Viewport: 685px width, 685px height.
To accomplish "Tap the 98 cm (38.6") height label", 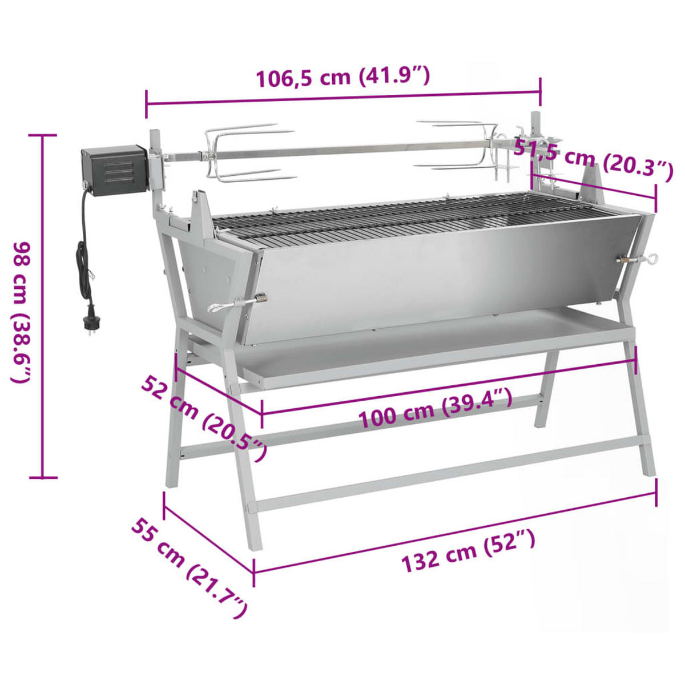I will click(x=23, y=311).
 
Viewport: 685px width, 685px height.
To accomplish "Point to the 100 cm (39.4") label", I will click(x=435, y=408).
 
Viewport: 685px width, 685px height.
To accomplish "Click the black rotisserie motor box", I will click(x=114, y=167).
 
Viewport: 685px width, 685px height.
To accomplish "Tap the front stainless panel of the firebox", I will click(x=434, y=274).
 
